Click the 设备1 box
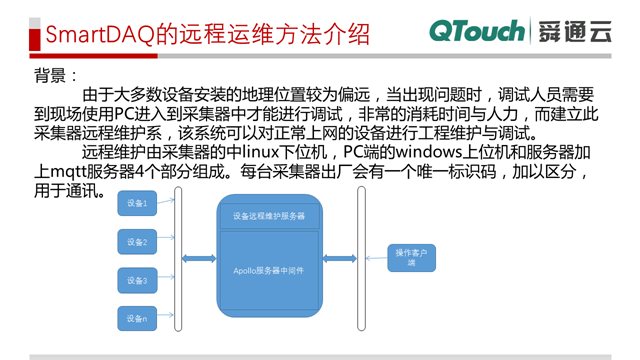click(137, 204)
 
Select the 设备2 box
click(137, 242)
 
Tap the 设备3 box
click(137, 281)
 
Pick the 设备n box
click(137, 319)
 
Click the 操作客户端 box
click(411, 258)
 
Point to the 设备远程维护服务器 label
click(269, 215)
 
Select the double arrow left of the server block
click(199, 259)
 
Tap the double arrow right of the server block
click(340, 259)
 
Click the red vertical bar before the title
click(32, 34)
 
